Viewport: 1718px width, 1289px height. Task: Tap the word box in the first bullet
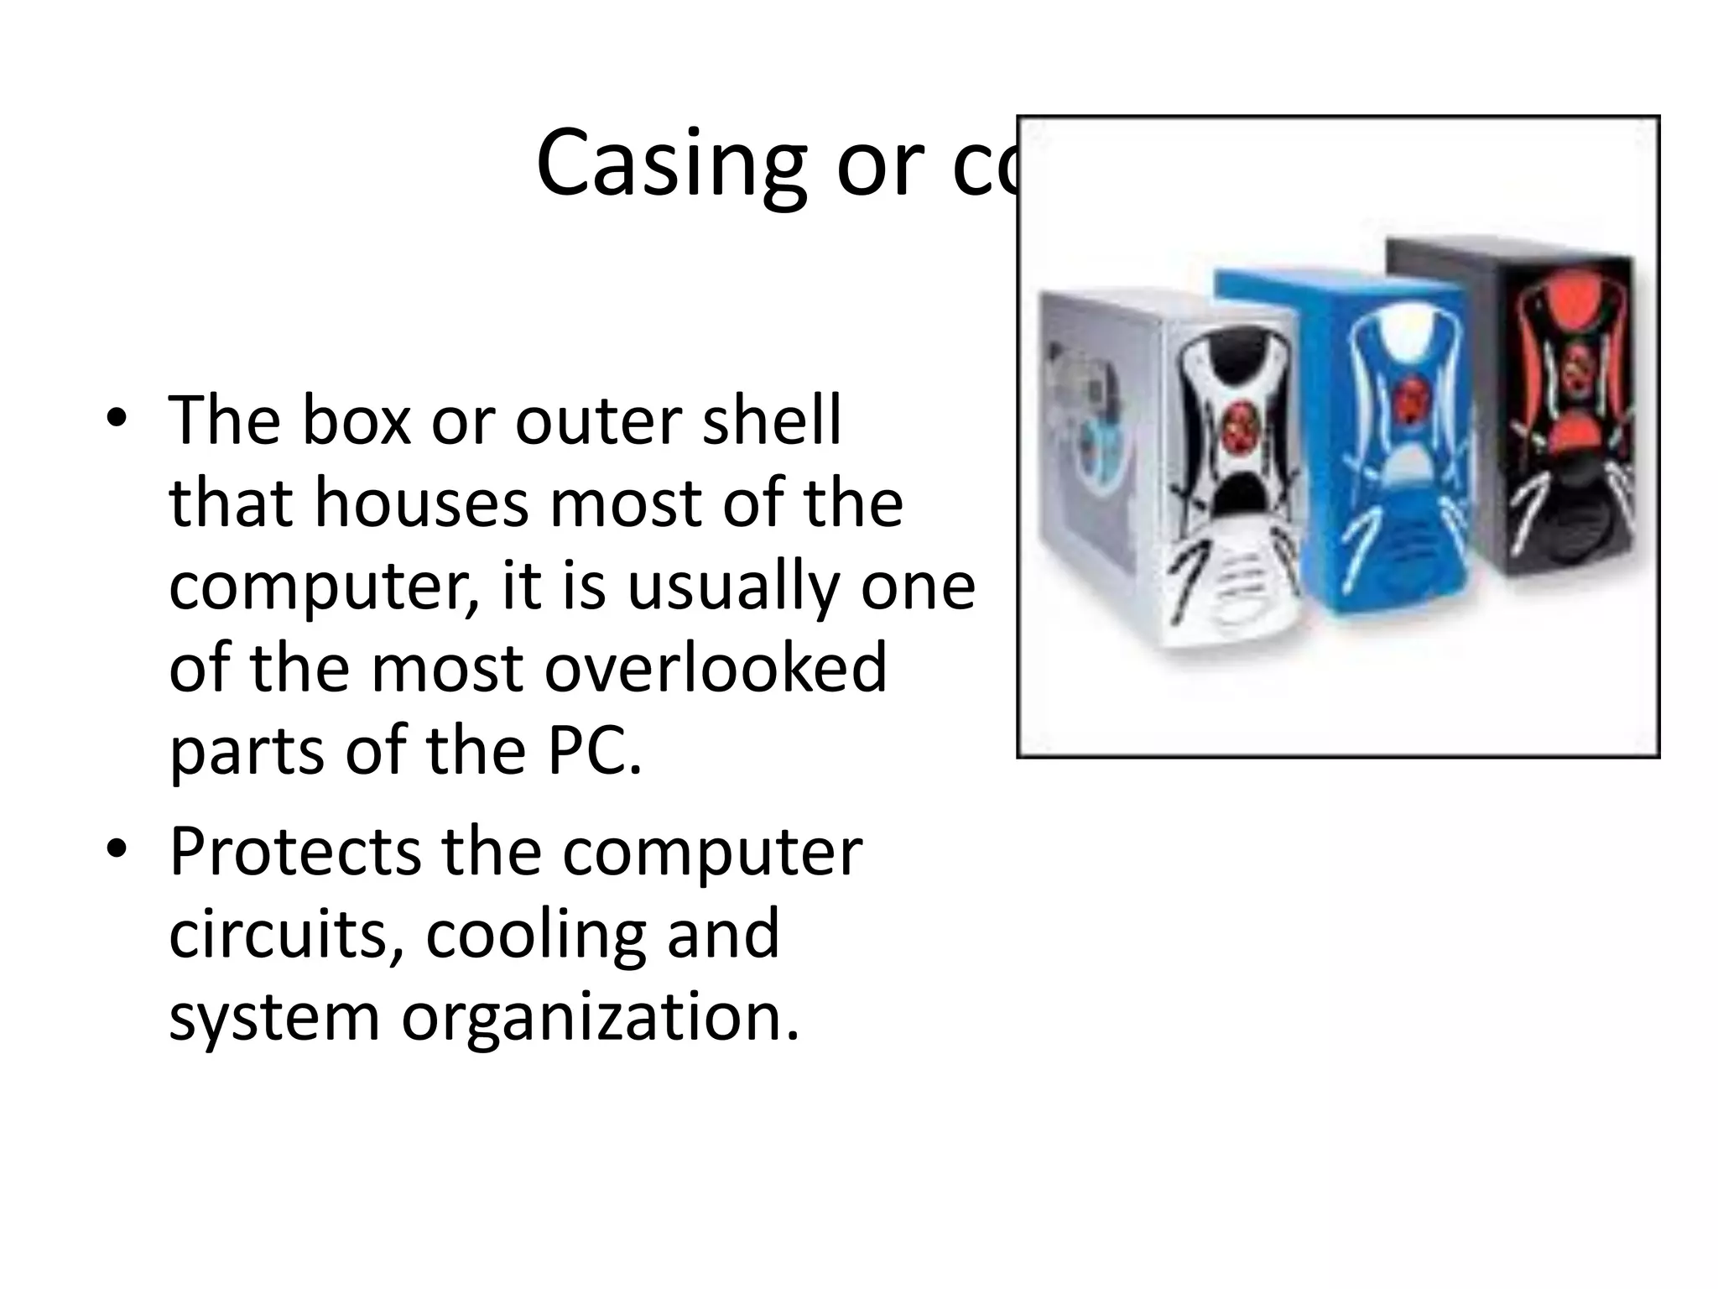coord(356,420)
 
